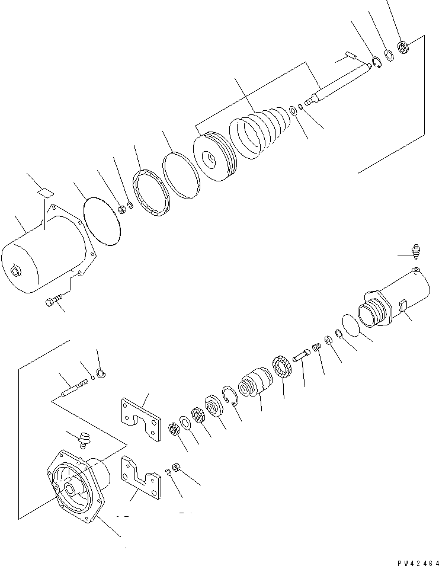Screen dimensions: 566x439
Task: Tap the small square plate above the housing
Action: [44, 191]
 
